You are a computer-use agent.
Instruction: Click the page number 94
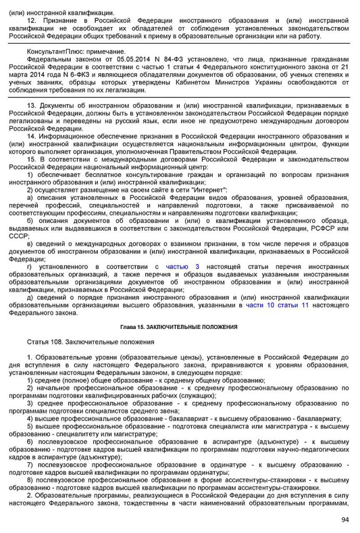tap(345, 519)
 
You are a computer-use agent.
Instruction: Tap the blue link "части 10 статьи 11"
tap(277, 305)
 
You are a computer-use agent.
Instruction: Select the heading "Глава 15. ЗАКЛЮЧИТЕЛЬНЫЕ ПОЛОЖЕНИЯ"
tap(179, 327)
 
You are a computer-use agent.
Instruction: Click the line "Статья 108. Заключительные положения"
tap(91, 342)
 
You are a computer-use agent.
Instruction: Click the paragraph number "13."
tap(32, 106)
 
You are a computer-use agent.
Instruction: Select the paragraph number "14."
tap(32, 136)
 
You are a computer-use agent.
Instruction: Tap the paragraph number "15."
tap(32, 159)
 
